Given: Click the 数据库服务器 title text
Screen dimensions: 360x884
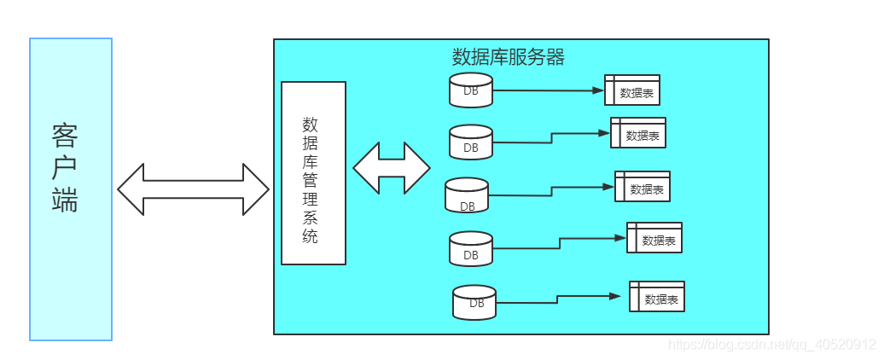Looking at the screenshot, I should pyautogui.click(x=508, y=58).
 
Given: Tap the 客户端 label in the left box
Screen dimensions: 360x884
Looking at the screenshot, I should pyautogui.click(x=65, y=167).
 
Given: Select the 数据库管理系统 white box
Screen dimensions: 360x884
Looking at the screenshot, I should pyautogui.click(x=313, y=173).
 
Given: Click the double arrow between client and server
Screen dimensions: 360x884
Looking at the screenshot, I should pyautogui.click(x=193, y=189).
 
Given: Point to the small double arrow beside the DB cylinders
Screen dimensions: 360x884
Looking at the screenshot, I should pyautogui.click(x=392, y=167).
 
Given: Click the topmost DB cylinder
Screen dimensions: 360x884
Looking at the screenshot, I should pyautogui.click(x=471, y=90).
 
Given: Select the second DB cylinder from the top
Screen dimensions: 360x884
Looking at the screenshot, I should pyautogui.click(x=471, y=142).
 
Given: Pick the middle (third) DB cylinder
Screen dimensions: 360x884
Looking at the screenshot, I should pyautogui.click(x=467, y=195).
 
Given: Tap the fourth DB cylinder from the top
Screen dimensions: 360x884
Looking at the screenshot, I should pyautogui.click(x=471, y=248).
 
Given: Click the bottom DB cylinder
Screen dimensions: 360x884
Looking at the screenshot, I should pyautogui.click(x=475, y=303).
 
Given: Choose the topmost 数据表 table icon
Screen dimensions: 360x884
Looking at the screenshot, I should pyautogui.click(x=632, y=90).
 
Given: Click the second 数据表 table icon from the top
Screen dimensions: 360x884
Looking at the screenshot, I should pyautogui.click(x=638, y=133).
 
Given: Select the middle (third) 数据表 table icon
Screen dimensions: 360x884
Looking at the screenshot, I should pyautogui.click(x=643, y=187).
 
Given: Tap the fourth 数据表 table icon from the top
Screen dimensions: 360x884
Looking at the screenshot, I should pyautogui.click(x=654, y=238).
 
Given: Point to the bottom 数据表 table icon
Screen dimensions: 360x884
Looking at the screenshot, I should pyautogui.click(x=657, y=297).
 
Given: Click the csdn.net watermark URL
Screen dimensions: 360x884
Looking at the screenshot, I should pyautogui.click(x=772, y=345).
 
